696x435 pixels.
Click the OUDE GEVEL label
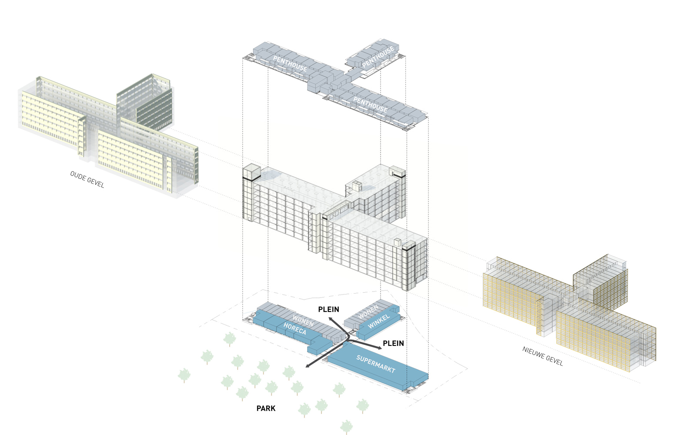87,179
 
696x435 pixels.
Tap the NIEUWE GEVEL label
542,356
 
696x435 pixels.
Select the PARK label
266,408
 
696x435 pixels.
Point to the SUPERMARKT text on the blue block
375,364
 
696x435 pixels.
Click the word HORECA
295,329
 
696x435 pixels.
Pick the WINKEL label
379,321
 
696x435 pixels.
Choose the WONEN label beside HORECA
303,321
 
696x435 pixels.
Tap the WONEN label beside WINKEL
368,312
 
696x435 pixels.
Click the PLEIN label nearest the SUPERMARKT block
393,343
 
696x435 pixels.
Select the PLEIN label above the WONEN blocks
328,309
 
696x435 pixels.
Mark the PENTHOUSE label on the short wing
378,57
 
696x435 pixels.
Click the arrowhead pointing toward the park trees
308,366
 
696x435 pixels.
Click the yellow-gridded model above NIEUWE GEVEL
570,309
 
